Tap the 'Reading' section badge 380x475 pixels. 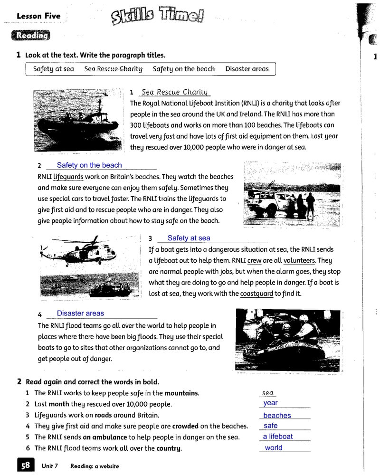[32, 36]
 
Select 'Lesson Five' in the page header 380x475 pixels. [38, 16]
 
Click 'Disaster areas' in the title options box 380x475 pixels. [247, 69]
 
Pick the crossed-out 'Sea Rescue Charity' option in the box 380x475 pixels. [114, 69]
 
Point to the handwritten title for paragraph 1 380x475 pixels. [175, 92]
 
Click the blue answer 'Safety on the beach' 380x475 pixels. [89, 165]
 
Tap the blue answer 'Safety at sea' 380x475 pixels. [189, 238]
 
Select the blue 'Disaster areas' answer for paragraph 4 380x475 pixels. [80, 313]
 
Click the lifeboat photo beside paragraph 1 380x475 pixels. [77, 120]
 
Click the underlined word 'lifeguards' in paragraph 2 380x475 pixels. [68, 177]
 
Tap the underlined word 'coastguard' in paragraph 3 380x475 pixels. [256, 294]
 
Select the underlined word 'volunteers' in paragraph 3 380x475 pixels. [299, 260]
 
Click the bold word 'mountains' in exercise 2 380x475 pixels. [181, 393]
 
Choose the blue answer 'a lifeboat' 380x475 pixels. [278, 437]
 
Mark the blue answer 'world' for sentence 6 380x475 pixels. [274, 448]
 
